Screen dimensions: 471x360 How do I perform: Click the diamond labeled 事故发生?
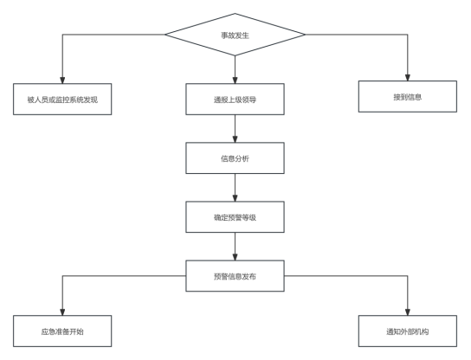click(235, 35)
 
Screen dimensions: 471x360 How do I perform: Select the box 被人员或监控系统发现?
click(62, 99)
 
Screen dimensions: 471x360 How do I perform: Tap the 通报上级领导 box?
click(235, 99)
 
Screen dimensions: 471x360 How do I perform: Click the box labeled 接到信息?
click(408, 96)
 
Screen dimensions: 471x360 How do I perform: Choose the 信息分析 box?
click(235, 157)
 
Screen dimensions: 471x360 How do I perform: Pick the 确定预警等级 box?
click(235, 217)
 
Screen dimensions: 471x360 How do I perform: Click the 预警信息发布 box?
click(235, 276)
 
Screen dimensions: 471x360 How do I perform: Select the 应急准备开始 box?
click(62, 331)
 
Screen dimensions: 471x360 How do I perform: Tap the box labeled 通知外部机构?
click(408, 331)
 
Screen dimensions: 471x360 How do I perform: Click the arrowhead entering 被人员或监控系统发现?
click(62, 80)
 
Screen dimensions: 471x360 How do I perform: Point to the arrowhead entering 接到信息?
click(408, 77)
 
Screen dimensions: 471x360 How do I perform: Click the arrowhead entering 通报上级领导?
click(235, 80)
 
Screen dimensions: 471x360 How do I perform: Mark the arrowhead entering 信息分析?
click(235, 138)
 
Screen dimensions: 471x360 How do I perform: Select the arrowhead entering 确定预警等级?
click(235, 197)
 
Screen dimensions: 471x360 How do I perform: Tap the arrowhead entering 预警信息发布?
click(235, 256)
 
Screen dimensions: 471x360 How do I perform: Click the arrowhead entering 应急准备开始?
click(62, 312)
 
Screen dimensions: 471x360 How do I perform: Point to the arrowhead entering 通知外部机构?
click(408, 312)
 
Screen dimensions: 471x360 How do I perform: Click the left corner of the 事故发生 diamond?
click(165, 35)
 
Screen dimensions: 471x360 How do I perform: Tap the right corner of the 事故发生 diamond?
click(305, 35)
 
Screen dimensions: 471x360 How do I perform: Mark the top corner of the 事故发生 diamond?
click(235, 14)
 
